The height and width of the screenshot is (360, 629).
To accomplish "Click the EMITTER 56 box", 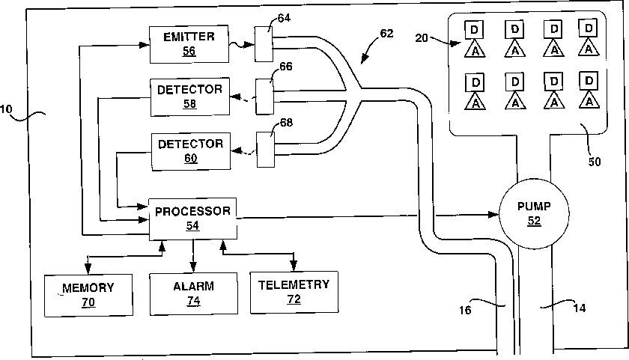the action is point(189,44).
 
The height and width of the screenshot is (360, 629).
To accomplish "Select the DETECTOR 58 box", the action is point(189,97).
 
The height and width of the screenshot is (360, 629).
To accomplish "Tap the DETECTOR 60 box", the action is point(191,151).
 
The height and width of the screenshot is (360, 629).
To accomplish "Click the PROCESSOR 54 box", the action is point(192,219).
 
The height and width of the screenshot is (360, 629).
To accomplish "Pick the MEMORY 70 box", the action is point(88,296).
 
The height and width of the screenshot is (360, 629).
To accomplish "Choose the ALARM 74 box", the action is point(193,294).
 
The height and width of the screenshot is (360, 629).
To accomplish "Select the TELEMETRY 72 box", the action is point(294,292).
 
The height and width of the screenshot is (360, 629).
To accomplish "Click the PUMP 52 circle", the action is point(534,213).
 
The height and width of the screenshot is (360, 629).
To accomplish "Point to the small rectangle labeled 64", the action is point(264,44).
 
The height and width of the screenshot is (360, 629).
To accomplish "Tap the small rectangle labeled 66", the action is point(265,97).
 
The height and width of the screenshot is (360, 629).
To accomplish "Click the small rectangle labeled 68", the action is point(266,150).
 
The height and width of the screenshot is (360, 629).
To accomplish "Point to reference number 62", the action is point(386,33).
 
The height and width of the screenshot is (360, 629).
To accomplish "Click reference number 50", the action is point(595,162).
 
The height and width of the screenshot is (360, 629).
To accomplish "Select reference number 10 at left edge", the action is point(6,109).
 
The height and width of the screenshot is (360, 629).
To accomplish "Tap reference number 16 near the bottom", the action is point(465,310).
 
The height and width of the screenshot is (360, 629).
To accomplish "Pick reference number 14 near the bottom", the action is point(580,308).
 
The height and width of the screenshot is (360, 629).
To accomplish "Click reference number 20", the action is point(421,38).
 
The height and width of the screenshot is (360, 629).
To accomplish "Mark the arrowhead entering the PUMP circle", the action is point(493,215).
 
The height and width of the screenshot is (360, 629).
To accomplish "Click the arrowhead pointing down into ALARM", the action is point(193,267).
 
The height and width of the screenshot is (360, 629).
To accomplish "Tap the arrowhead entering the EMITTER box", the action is point(144,46).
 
